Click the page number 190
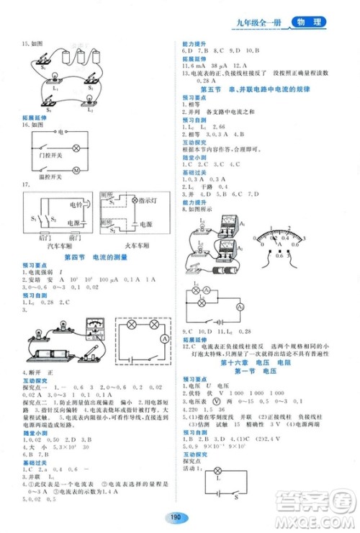pos(176,516)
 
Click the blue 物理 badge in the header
pos(306,24)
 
